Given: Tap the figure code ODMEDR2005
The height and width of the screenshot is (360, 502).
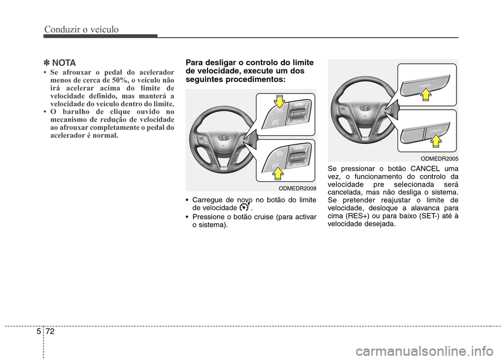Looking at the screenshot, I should pyautogui.click(x=440, y=158).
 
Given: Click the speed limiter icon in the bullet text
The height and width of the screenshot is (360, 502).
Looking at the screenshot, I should pyautogui.click(x=243, y=207).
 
